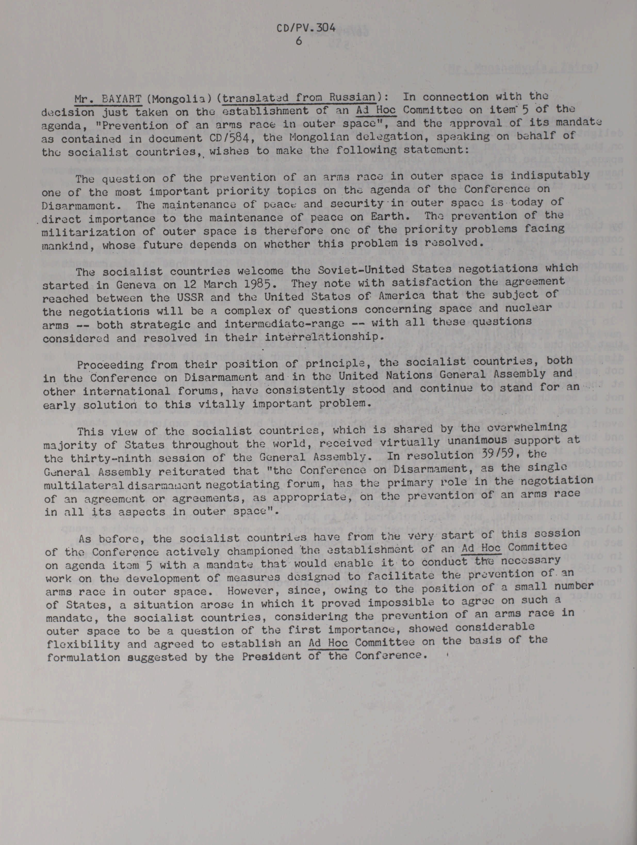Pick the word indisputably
(x=549, y=175)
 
